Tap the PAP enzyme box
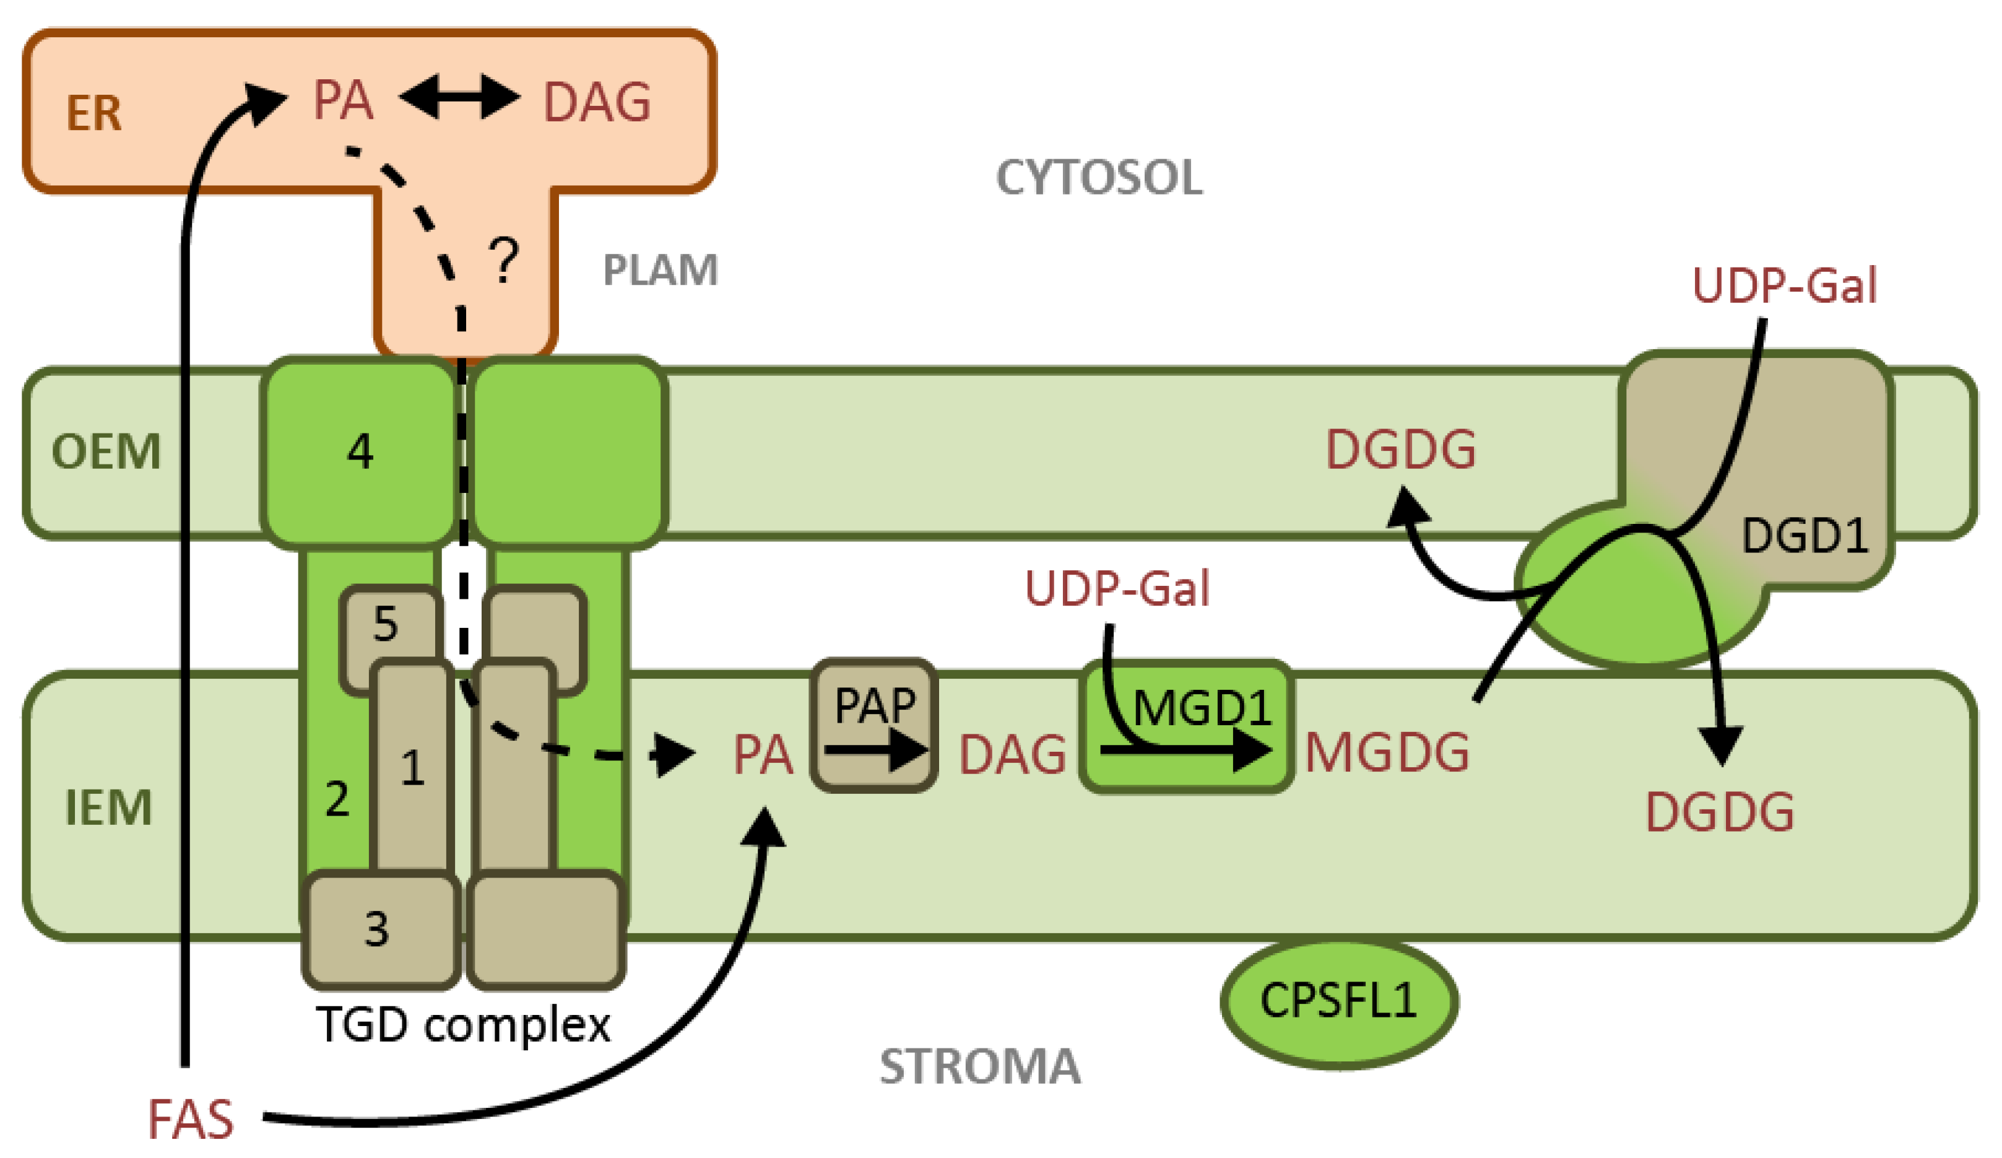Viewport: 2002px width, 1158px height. (x=874, y=725)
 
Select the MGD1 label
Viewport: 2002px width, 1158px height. (x=1201, y=707)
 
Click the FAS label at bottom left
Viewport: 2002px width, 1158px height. (x=191, y=1119)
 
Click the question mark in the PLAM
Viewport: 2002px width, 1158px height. (x=504, y=261)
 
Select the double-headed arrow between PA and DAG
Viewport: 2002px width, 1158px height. (x=459, y=98)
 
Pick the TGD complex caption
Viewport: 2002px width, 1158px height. (x=463, y=1024)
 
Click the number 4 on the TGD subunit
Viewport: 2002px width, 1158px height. (x=360, y=451)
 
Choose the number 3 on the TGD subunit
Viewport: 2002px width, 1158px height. (x=376, y=928)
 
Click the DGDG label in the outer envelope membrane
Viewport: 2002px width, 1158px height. (x=1401, y=450)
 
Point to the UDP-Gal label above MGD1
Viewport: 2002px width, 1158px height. (x=1117, y=589)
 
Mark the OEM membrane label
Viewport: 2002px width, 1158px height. (x=106, y=451)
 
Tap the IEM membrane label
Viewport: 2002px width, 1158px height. (x=108, y=808)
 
